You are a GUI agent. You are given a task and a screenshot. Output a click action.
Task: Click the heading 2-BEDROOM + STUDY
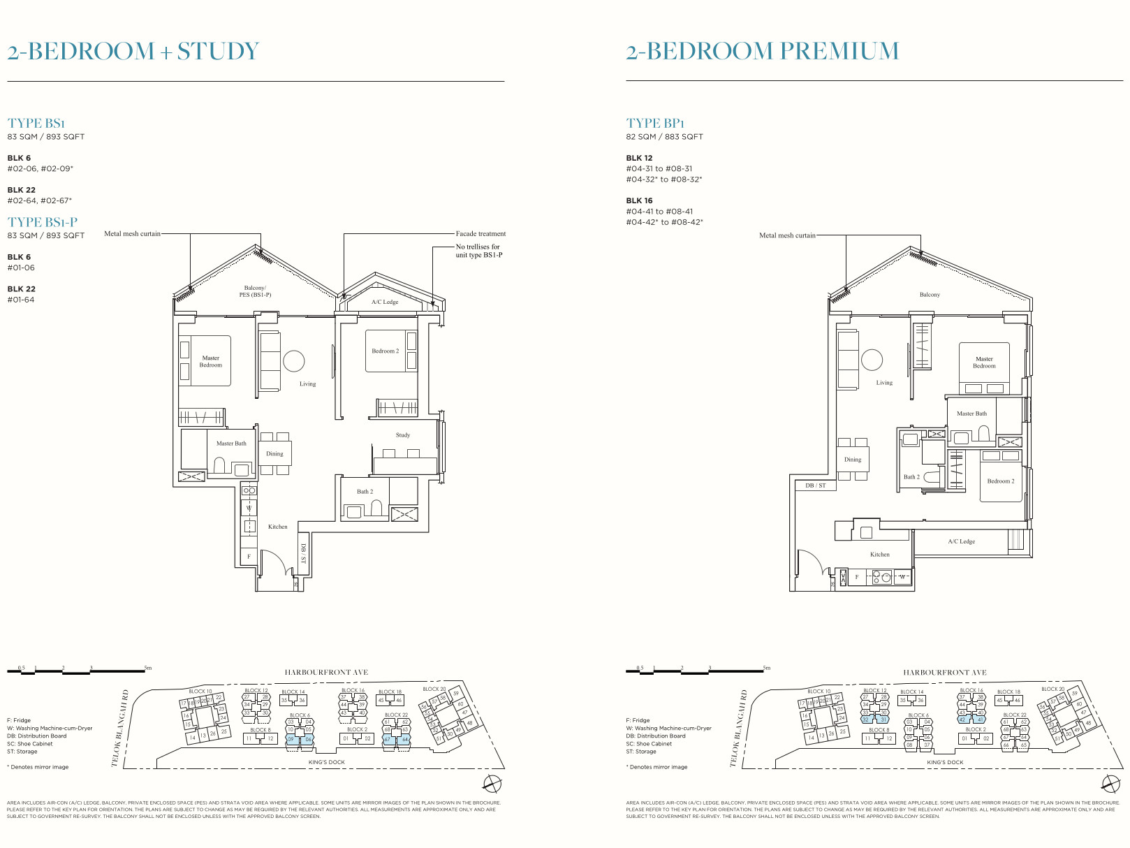(133, 51)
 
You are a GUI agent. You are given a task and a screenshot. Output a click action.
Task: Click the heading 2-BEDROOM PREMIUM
(762, 51)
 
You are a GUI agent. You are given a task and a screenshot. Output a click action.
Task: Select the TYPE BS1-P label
(43, 222)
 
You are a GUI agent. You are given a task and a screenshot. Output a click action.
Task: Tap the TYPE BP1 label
(655, 123)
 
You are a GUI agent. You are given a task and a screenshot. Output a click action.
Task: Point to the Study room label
(403, 435)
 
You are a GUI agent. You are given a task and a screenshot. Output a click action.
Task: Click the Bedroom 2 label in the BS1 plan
(385, 351)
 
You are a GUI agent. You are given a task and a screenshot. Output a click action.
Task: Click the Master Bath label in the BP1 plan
(971, 414)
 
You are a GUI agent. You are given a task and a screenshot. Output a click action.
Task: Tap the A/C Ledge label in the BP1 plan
(961, 541)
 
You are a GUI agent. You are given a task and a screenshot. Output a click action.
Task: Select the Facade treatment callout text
(480, 234)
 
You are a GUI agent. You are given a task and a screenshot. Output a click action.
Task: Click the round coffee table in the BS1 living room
(293, 361)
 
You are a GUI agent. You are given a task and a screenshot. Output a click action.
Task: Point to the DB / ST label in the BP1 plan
(815, 485)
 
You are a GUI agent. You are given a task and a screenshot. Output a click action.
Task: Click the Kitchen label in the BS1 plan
(277, 527)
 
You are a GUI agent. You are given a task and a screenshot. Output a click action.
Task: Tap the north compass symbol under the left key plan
(492, 783)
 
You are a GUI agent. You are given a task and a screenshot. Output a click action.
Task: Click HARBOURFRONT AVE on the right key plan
(944, 673)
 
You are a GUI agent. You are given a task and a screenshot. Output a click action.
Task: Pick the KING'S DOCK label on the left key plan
(326, 762)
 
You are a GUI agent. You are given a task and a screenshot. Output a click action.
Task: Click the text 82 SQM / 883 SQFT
(664, 137)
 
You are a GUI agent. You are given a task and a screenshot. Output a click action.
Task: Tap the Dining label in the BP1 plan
(852, 460)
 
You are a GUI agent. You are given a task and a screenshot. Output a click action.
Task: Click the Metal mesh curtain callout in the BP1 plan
(787, 235)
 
